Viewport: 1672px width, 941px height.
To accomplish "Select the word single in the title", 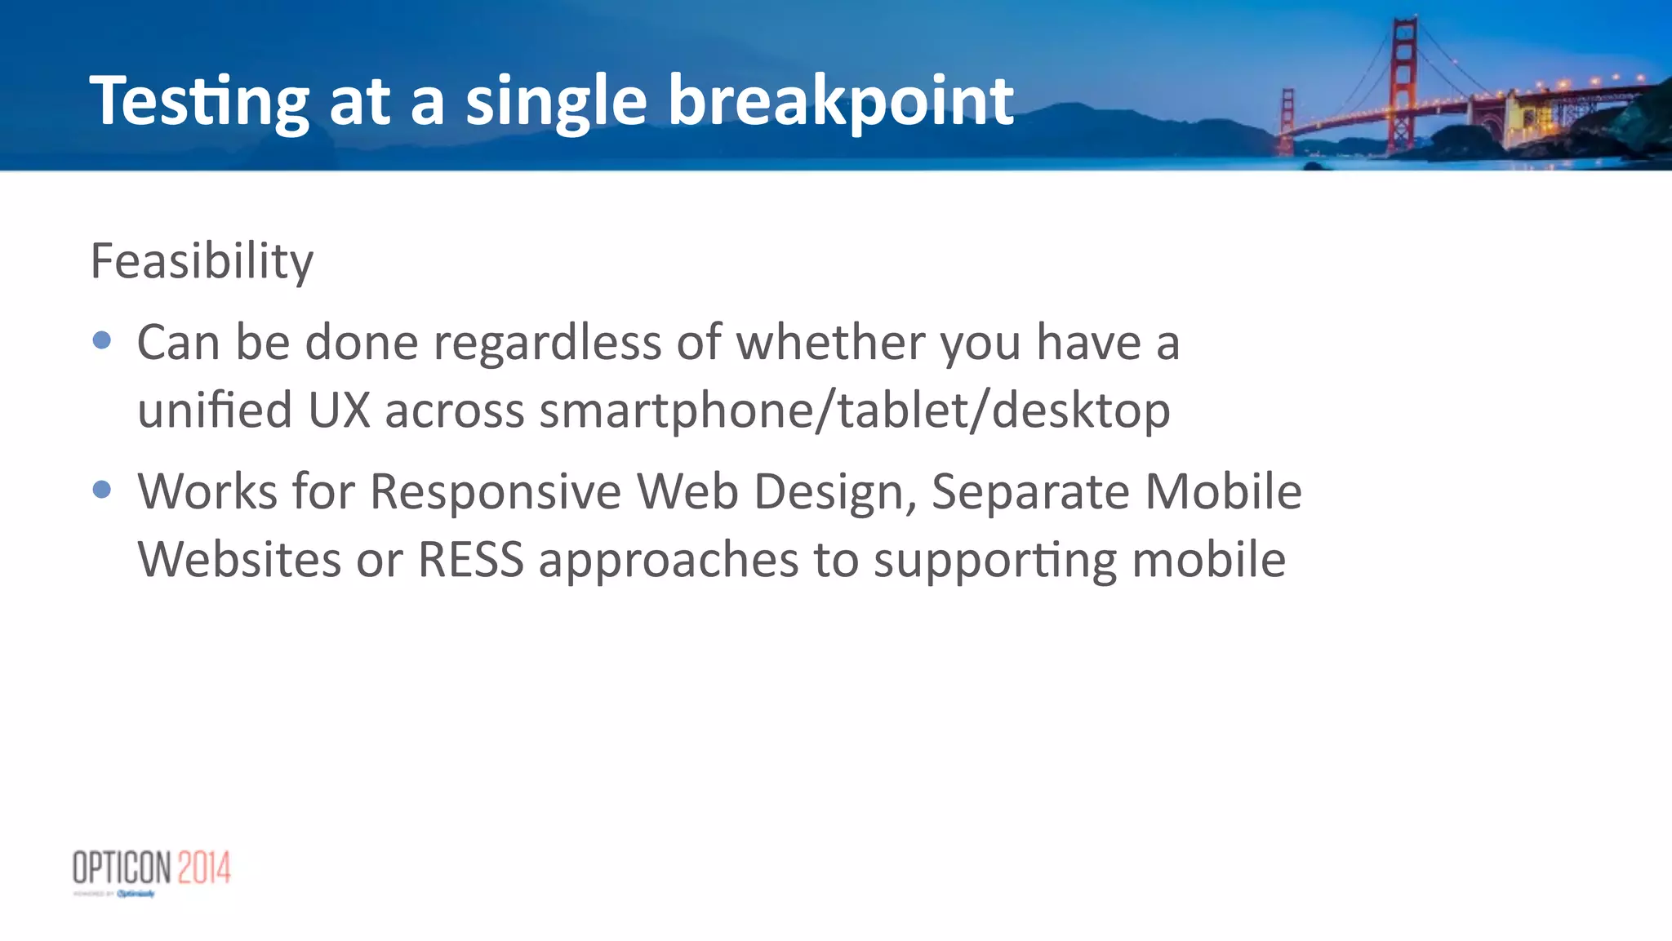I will (556, 102).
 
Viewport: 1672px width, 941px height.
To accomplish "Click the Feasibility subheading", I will (202, 261).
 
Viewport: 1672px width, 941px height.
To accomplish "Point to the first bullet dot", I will (102, 340).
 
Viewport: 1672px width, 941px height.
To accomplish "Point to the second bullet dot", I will (102, 490).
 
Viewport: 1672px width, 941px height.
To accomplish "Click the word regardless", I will (547, 343).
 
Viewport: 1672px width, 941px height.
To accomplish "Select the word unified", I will (214, 411).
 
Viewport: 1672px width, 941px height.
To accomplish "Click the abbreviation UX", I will (340, 411).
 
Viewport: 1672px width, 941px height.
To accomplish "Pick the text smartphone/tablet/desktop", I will (854, 411).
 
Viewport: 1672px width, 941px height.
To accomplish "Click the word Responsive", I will (496, 492).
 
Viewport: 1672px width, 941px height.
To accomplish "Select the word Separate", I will (1029, 492).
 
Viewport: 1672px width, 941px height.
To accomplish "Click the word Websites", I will (238, 561).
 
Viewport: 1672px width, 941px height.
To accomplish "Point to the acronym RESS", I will (470, 561).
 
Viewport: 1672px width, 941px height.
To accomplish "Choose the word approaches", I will (668, 561).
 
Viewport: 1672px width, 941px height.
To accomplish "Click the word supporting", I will (994, 561).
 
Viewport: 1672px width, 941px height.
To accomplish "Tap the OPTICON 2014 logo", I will (152, 869).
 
